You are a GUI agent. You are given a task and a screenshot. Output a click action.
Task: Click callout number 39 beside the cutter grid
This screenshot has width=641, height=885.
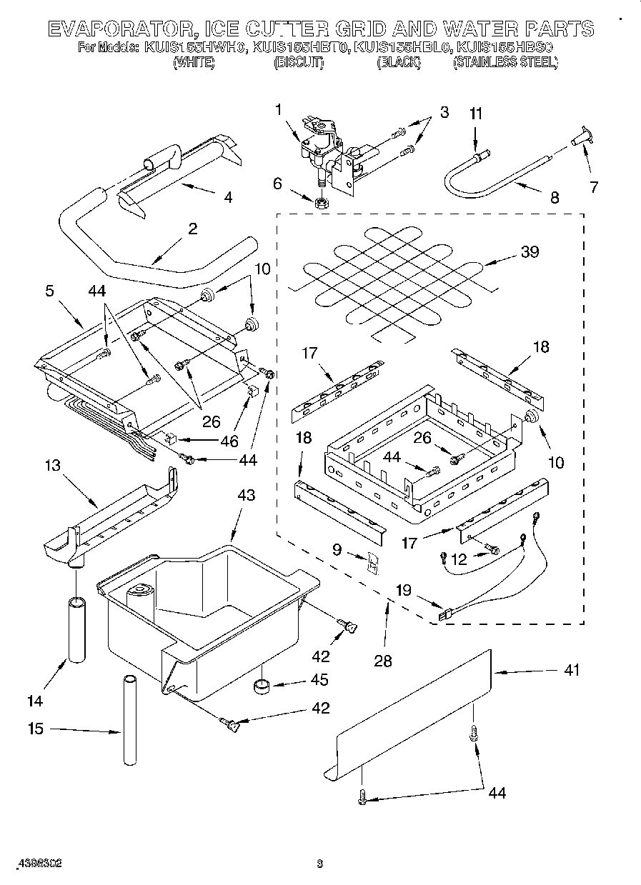point(530,252)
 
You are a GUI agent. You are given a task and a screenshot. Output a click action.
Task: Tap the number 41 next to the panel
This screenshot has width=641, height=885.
point(572,670)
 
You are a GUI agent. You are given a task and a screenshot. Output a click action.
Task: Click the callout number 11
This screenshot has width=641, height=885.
point(476,114)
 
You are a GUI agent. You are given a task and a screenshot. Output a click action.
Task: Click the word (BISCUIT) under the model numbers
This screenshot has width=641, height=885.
point(299,63)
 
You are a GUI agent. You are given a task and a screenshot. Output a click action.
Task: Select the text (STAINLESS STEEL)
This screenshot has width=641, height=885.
point(505,63)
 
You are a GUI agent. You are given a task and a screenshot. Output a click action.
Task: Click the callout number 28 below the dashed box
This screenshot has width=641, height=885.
point(383,661)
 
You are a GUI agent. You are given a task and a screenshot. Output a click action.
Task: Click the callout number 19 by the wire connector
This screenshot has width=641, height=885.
point(404,590)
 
